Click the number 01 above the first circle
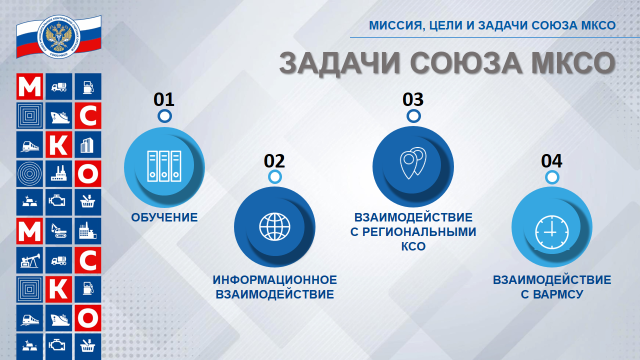(163, 100)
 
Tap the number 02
(274, 160)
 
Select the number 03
(413, 100)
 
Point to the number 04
(551, 160)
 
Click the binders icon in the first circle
(163, 165)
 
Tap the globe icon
(274, 226)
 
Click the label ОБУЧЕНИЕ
(164, 217)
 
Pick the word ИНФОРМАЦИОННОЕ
(275, 279)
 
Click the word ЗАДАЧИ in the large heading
(334, 63)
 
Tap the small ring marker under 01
(163, 117)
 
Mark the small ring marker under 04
(551, 177)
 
